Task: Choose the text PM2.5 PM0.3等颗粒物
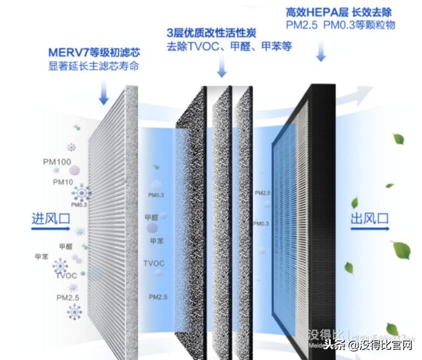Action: coord(340,25)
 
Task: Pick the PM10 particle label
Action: coord(63,182)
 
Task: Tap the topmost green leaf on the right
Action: coord(398,139)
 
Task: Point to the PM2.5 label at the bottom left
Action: coord(68,298)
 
